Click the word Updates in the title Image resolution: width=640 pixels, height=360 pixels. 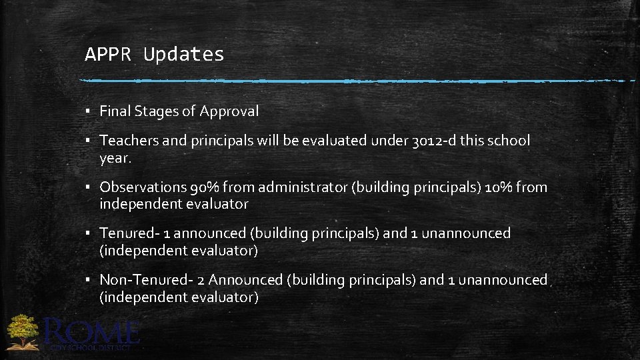coord(183,55)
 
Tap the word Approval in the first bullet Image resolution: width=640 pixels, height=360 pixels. coord(230,111)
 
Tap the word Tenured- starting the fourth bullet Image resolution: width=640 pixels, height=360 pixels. coord(125,233)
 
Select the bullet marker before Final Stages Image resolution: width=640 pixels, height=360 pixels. coord(88,111)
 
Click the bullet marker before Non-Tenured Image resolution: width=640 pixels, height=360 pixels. coord(88,280)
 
